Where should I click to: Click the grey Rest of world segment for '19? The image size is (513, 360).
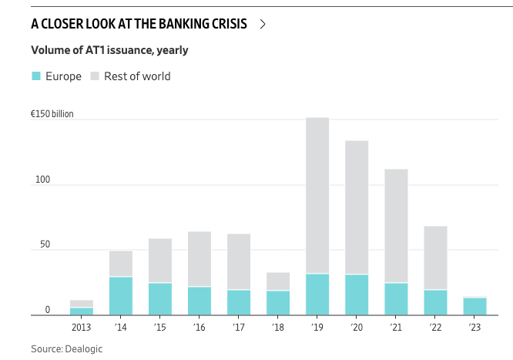[x=317, y=195]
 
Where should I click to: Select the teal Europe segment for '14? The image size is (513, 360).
[x=120, y=296]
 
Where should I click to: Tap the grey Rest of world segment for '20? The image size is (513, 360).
[x=357, y=207]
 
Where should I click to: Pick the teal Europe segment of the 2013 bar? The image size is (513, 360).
[x=81, y=311]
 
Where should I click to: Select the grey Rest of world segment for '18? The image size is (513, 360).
[x=278, y=281]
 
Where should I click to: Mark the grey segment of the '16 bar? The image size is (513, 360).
[x=199, y=259]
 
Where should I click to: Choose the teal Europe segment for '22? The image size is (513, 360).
[x=435, y=302]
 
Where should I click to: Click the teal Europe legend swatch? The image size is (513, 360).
[x=36, y=76]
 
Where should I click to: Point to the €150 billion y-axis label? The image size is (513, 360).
[x=52, y=114]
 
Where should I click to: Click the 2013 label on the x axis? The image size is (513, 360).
[x=81, y=328]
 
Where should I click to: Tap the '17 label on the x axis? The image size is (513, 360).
[x=239, y=328]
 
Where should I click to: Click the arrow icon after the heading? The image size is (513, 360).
[x=263, y=24]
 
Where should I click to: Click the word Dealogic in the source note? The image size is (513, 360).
[x=85, y=349]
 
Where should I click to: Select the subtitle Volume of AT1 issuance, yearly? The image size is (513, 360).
[x=109, y=50]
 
